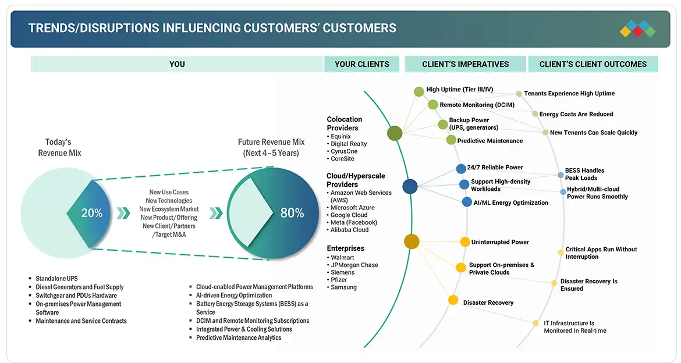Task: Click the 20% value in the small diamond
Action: point(92,213)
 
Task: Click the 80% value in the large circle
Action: point(292,213)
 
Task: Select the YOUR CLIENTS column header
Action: point(361,64)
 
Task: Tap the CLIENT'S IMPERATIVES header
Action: point(465,64)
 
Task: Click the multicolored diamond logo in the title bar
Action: point(637,29)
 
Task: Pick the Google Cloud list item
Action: point(349,215)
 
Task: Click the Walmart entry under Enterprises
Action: point(342,258)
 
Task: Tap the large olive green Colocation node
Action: point(395,133)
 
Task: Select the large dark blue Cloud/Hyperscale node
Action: point(410,186)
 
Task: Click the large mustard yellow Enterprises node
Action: point(412,241)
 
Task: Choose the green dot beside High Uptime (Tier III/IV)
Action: point(418,91)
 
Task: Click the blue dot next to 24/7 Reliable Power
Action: point(460,169)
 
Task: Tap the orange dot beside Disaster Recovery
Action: point(453,300)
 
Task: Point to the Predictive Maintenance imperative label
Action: point(490,141)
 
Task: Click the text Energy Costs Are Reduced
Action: point(576,115)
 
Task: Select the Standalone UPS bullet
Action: point(55,279)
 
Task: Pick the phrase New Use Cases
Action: point(169,193)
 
